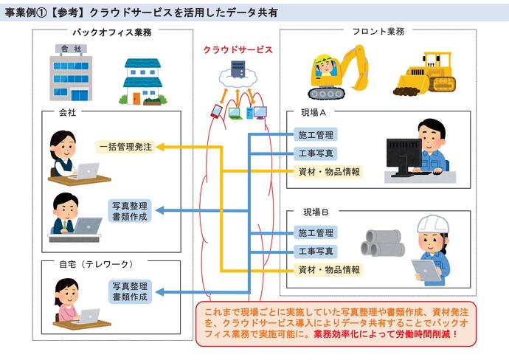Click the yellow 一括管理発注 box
pos(125,147)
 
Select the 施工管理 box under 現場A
pos(316,135)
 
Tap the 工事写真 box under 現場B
pos(316,252)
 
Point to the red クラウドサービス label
pos(238,50)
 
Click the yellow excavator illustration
pos(336,70)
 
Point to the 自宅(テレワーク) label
pos(97,263)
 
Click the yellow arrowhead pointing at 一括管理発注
pos(159,147)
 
